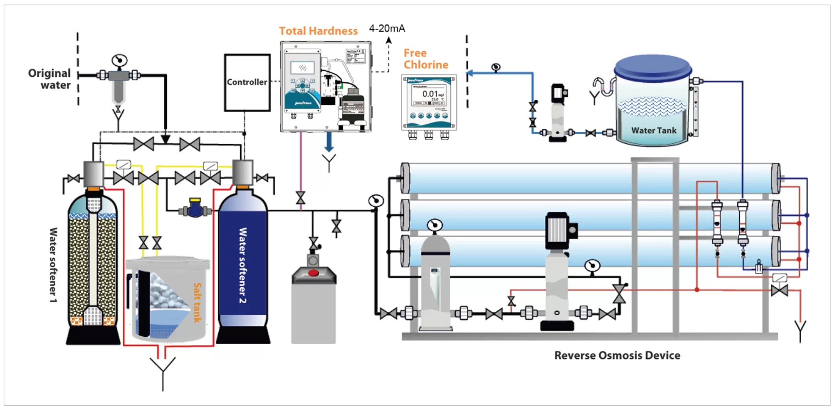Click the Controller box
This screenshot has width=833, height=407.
(247, 83)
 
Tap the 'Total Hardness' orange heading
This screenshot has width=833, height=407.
(318, 31)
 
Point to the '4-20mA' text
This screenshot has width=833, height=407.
(387, 28)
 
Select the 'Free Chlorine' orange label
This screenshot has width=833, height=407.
(425, 59)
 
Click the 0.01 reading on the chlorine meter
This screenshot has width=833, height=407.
(430, 94)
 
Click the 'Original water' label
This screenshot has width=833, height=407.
(50, 79)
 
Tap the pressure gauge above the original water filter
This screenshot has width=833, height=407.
(119, 60)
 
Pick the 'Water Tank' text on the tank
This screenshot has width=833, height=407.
(653, 130)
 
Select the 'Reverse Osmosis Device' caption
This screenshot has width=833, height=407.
(617, 355)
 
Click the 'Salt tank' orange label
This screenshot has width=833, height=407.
(197, 302)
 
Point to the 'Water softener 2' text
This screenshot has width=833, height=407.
(243, 265)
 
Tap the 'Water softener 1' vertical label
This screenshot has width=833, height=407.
(53, 265)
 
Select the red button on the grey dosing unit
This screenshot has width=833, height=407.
(313, 273)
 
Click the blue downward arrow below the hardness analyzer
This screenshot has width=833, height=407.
(329, 142)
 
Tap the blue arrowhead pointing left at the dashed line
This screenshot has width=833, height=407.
(470, 73)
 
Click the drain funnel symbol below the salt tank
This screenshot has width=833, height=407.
(163, 367)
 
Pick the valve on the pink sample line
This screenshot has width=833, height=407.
(300, 198)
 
